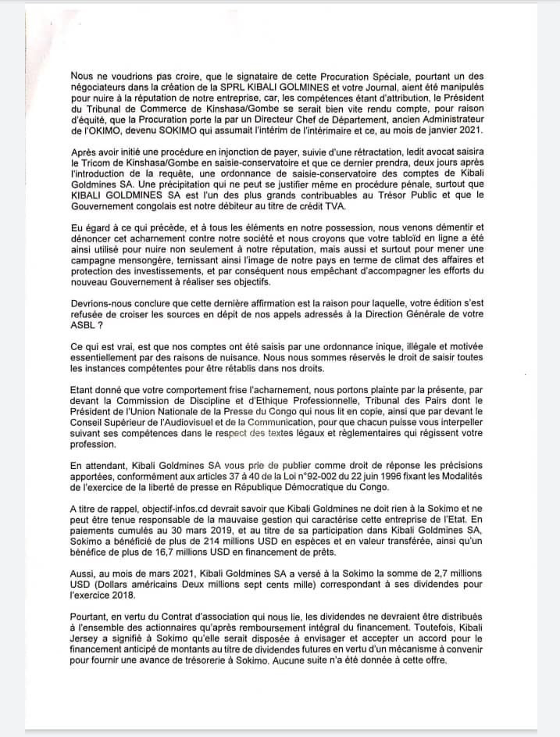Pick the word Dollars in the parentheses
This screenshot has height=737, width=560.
coord(126,596)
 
